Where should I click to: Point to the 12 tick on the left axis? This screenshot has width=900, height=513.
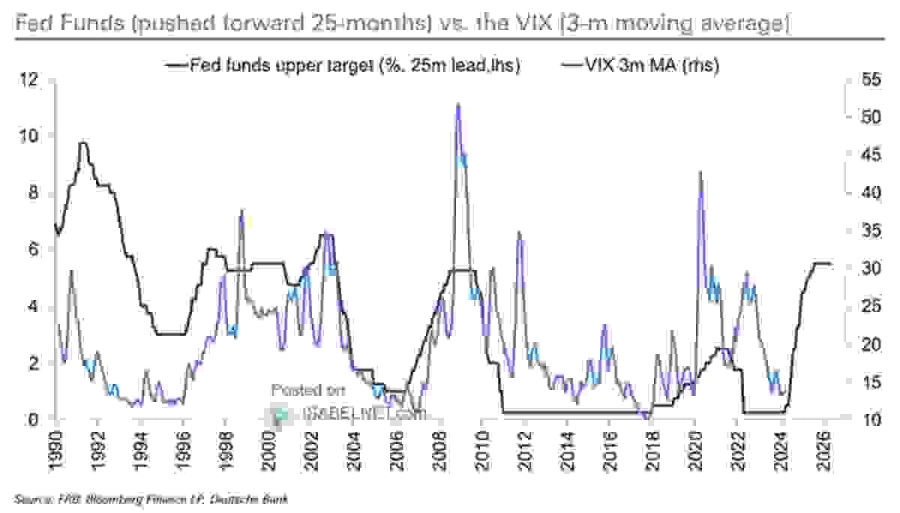[x=30, y=79]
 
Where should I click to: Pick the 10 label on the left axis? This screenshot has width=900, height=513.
[x=30, y=136]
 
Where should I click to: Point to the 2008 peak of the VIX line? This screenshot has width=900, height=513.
[x=457, y=105]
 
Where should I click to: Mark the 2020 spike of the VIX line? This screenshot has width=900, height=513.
[x=700, y=172]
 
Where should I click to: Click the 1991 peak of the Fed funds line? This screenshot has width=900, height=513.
[x=83, y=142]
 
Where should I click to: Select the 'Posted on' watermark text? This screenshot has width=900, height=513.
[x=307, y=390]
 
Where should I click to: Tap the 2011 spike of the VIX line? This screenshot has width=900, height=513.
[x=518, y=233]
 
